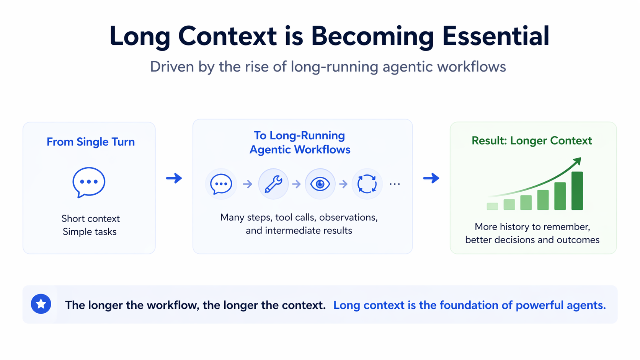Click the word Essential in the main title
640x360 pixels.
coord(495,36)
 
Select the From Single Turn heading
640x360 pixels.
coord(91,142)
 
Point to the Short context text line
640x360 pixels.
coord(91,219)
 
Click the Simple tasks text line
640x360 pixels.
coord(90,231)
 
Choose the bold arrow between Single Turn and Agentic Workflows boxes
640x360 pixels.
coord(174,178)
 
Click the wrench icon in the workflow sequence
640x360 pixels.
coord(273,184)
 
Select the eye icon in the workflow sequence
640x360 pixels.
coord(320,184)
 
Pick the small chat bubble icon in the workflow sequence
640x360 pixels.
coord(221,184)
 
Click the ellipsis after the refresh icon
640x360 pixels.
coord(395,184)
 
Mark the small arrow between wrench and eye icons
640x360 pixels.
coord(297,184)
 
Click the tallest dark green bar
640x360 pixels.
coord(577,191)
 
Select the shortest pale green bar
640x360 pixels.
coord(492,207)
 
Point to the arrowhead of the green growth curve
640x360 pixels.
coord(578,161)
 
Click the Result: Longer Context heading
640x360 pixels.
coord(532,141)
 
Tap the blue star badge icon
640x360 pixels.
coord(41,304)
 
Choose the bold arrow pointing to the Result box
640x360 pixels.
coord(431,178)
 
